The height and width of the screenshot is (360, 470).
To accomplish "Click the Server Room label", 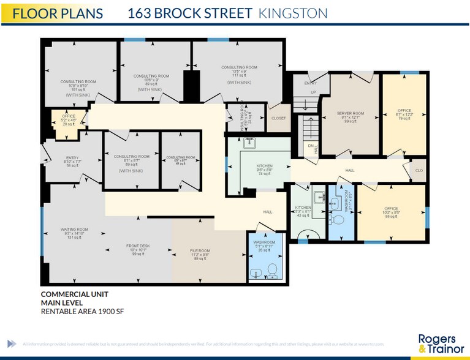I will [x=351, y=117].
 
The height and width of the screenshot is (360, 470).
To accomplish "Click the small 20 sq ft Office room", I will [x=68, y=119].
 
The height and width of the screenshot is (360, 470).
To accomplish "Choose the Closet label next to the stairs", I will [x=278, y=118].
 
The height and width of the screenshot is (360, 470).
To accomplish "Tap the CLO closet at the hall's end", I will [x=419, y=171].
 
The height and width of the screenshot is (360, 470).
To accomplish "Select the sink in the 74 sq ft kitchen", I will [x=250, y=144].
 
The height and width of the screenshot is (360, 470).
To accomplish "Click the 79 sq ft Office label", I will [x=404, y=114].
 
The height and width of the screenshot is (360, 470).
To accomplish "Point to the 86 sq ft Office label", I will [x=391, y=212].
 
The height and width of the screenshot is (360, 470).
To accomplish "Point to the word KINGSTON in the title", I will [x=293, y=13].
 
